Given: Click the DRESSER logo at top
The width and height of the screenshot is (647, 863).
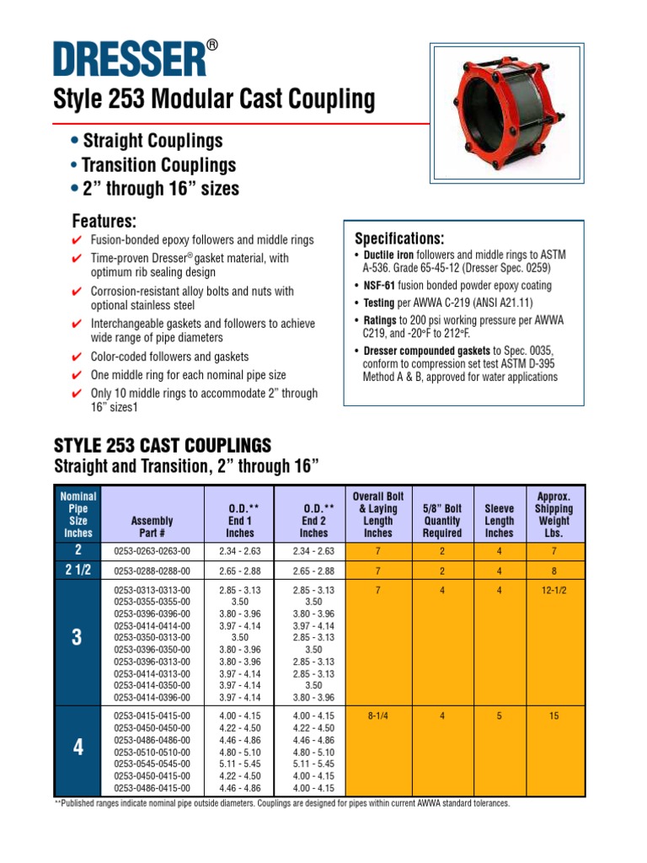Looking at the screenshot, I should (130, 59).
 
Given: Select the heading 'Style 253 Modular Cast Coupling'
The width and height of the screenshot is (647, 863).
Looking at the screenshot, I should (214, 100).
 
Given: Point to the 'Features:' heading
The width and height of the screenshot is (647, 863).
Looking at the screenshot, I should (104, 222).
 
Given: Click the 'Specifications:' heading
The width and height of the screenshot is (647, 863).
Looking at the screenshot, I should (398, 238).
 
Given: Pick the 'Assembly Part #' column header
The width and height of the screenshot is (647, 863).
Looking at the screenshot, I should (152, 527).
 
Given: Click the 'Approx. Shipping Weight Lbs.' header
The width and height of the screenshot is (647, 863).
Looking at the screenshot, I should (553, 515).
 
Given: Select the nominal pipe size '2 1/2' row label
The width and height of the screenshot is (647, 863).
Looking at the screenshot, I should (78, 571).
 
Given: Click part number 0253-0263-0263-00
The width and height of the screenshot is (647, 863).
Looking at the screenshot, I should (152, 551).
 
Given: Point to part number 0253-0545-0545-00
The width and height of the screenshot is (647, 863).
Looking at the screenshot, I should (152, 764).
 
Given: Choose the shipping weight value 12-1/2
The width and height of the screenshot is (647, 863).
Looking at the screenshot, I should (553, 591).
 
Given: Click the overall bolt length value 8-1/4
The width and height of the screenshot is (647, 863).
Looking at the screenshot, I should (377, 716).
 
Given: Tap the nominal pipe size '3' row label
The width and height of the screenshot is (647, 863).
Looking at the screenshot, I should (78, 638).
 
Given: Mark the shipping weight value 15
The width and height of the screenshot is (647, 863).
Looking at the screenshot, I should (553, 716).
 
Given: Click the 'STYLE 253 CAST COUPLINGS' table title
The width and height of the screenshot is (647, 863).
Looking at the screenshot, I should (162, 445).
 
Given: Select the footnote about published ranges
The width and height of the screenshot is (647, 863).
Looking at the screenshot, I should (282, 803).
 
